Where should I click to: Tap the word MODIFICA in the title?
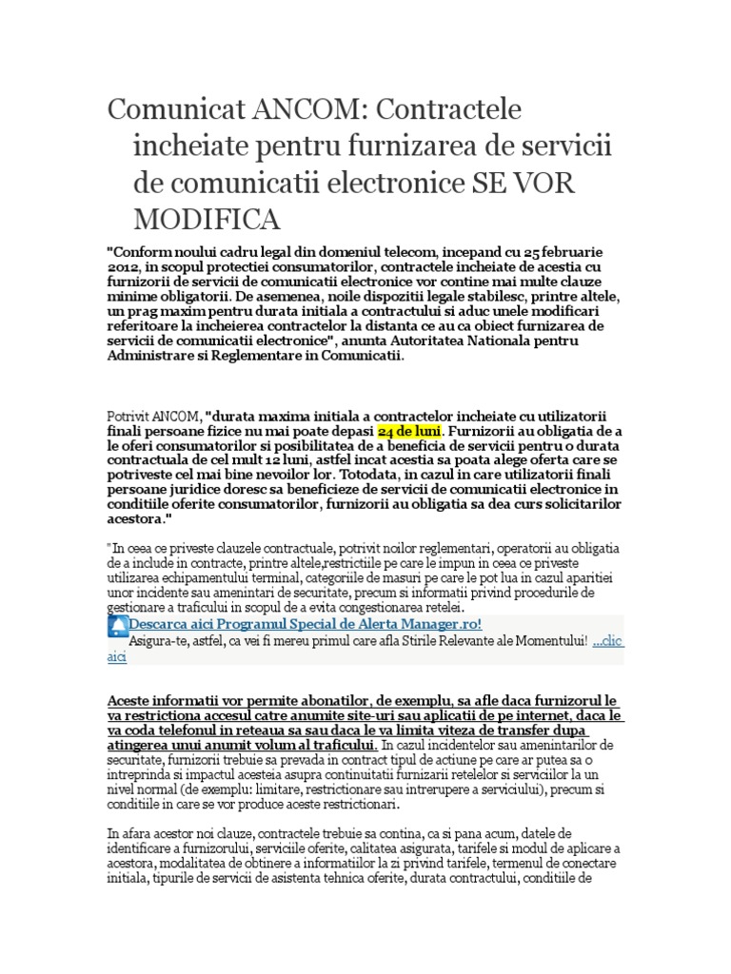207,219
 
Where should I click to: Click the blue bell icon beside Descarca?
118,626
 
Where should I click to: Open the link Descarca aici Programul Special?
305,624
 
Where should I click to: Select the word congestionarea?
348,608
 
